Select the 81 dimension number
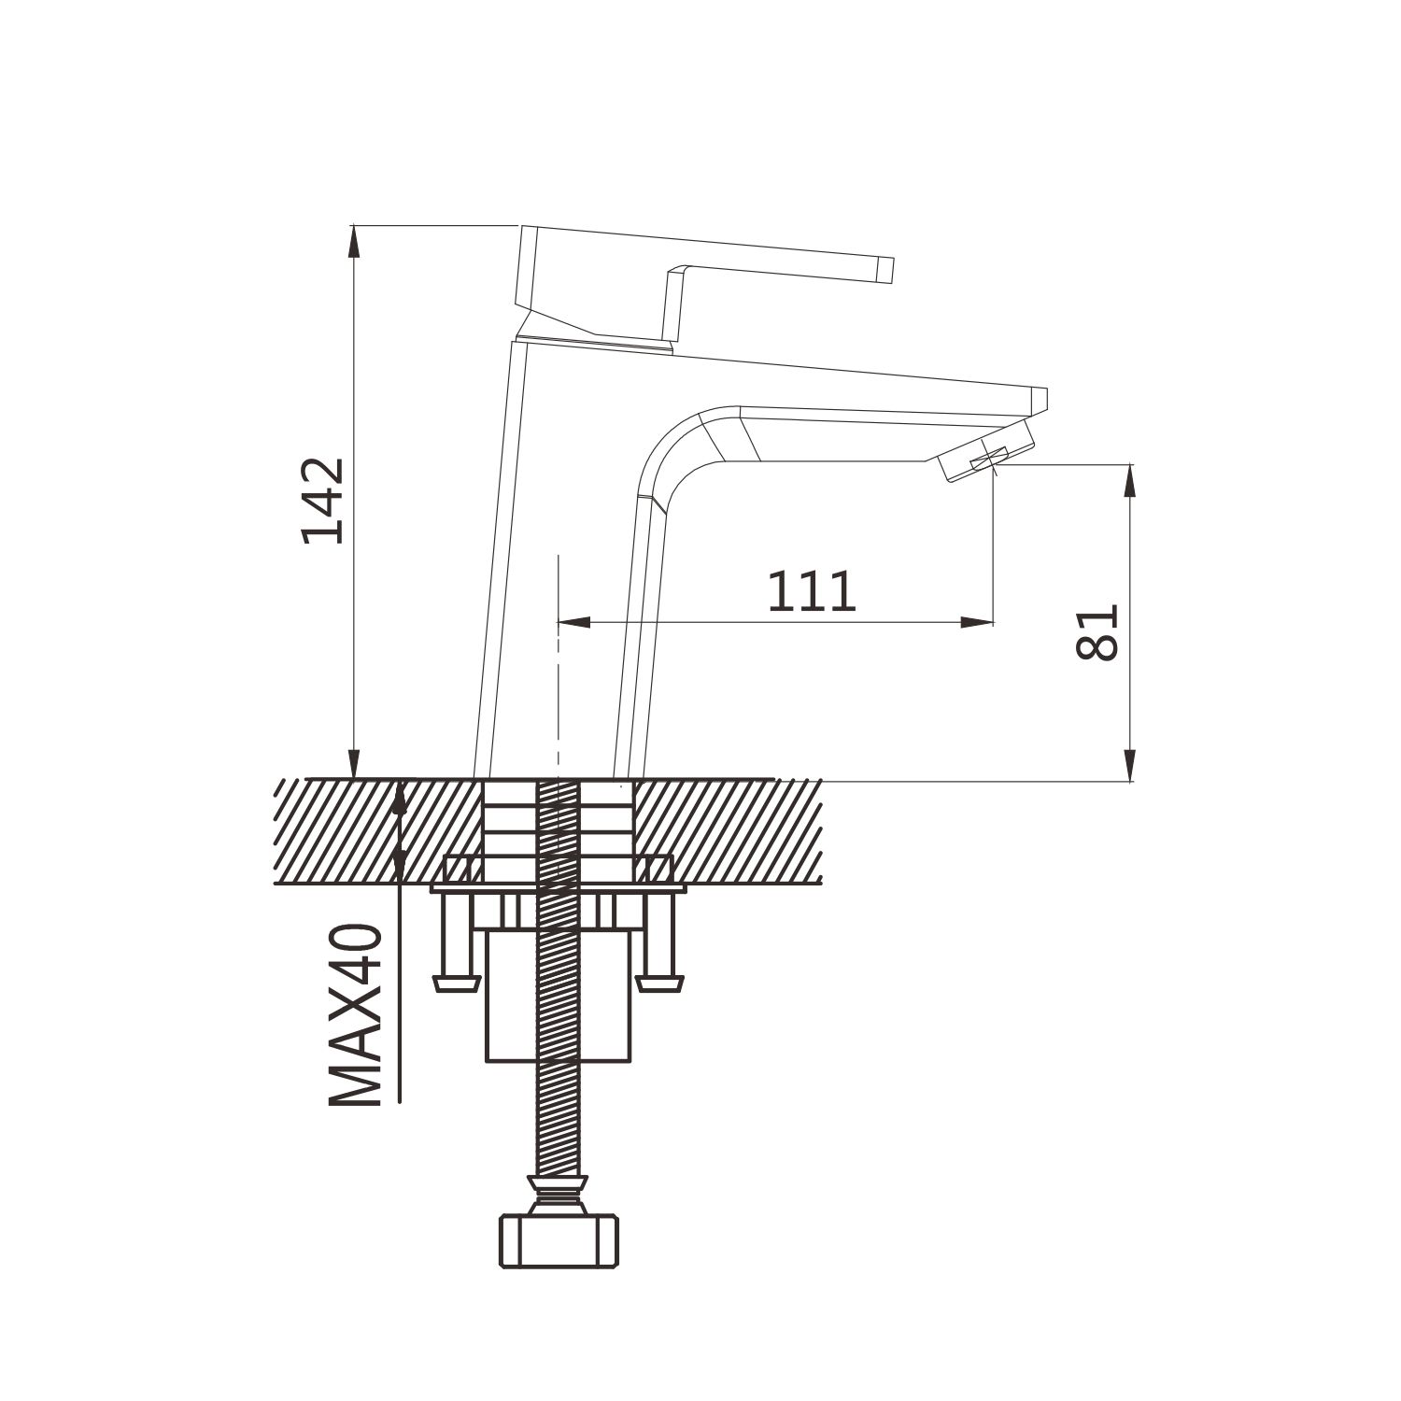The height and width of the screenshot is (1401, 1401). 1097,632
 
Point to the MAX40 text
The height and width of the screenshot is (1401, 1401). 357,1015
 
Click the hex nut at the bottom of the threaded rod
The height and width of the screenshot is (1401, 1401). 560,1240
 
